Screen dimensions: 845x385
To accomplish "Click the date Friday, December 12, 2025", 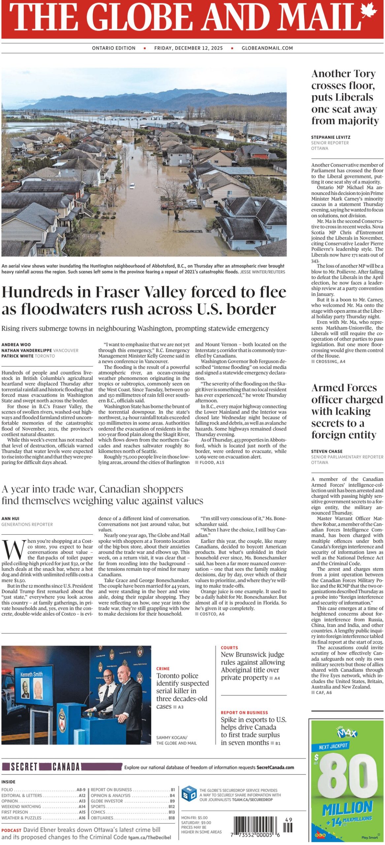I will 188,48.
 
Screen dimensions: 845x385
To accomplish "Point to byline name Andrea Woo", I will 16,345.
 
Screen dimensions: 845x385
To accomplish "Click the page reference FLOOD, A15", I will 211,462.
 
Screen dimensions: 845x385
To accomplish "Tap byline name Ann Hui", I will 10,519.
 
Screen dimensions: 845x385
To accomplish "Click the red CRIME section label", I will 163,669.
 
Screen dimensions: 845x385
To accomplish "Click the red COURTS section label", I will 229,648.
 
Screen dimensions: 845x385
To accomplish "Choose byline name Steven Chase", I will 327,451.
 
